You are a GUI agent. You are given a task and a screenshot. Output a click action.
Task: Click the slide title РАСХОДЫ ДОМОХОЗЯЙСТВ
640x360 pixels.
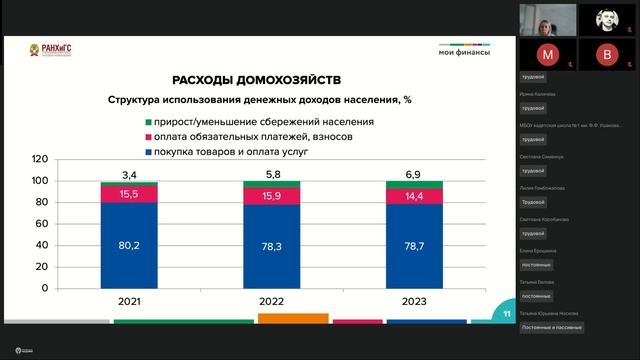(256, 79)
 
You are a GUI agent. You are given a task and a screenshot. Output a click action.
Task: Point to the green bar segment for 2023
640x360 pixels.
(414, 184)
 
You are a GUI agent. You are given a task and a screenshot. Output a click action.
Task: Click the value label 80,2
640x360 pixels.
(128, 243)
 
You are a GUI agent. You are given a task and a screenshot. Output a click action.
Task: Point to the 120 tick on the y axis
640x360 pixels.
(40, 159)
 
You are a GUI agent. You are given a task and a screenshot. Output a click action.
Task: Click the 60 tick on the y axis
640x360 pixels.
(43, 223)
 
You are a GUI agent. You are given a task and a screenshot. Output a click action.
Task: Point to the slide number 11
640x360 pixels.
(507, 315)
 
